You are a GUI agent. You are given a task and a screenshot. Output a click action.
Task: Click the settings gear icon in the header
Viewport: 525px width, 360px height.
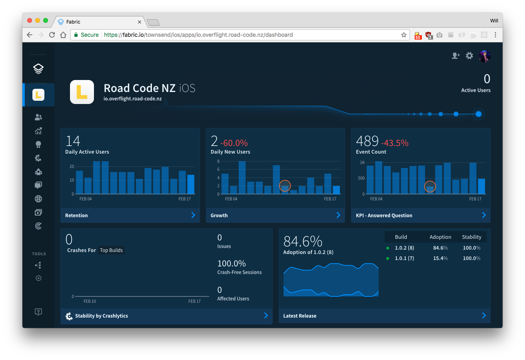[469, 56]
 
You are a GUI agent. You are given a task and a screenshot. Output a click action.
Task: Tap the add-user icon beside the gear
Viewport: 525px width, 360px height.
[455, 56]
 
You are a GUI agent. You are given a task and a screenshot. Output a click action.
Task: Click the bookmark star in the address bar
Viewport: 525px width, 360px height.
[404, 35]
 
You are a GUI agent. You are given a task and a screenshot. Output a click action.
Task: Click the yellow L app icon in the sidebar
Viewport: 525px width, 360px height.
[38, 95]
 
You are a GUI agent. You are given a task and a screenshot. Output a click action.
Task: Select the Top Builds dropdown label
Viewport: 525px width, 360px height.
[112, 250]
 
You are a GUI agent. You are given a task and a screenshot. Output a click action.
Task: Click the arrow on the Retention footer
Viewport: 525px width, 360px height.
[193, 215]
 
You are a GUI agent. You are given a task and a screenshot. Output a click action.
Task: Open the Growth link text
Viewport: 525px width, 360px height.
[219, 216]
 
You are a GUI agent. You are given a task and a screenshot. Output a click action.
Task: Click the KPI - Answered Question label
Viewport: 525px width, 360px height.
[384, 216]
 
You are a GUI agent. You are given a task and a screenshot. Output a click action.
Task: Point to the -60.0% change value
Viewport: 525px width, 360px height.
[234, 143]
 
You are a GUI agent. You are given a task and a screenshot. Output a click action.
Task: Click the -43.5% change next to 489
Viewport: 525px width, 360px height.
[394, 143]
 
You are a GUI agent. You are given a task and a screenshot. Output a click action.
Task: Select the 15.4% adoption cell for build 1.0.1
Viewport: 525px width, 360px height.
[440, 258]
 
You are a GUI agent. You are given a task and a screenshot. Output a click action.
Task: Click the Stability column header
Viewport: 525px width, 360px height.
[471, 237]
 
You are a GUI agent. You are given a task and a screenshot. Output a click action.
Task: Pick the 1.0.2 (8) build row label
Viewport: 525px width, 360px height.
[404, 248]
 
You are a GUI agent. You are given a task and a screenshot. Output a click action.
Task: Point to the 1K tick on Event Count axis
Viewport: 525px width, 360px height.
[362, 163]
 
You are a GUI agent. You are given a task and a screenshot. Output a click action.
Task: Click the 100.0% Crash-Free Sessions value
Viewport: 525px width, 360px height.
[232, 264]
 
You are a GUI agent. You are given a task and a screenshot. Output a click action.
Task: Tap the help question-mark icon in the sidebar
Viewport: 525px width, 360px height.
[38, 312]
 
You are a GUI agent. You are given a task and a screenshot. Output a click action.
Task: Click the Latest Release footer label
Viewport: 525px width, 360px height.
[299, 316]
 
